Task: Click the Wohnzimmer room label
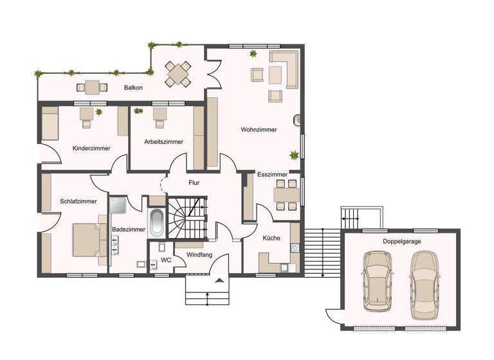259,129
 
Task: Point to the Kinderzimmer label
91,148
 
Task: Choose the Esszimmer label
272,174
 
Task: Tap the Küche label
271,238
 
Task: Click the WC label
165,260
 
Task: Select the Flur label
194,183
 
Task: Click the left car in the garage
377,280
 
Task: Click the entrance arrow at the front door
220,280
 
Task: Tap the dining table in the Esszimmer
286,194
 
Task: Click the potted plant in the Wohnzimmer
294,154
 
